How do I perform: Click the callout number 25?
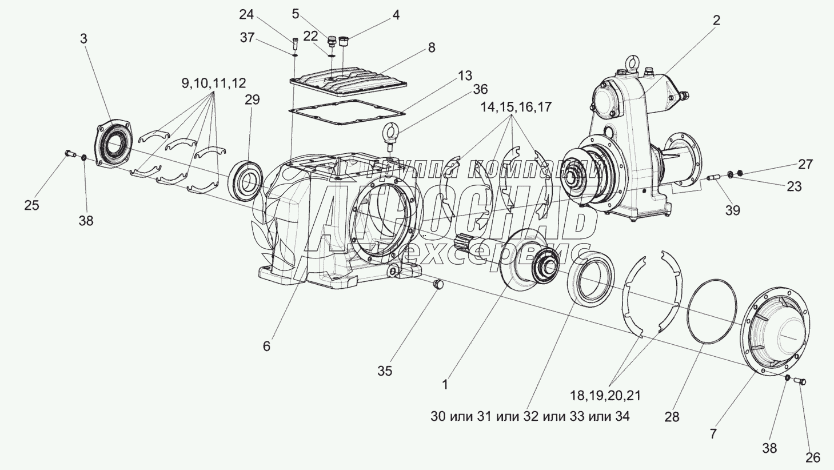[x=31, y=205]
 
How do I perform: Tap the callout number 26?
[x=812, y=457]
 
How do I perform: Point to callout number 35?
[x=385, y=371]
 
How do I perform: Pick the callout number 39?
[x=732, y=210]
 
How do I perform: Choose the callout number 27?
[x=805, y=165]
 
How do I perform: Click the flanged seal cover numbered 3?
[x=116, y=146]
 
